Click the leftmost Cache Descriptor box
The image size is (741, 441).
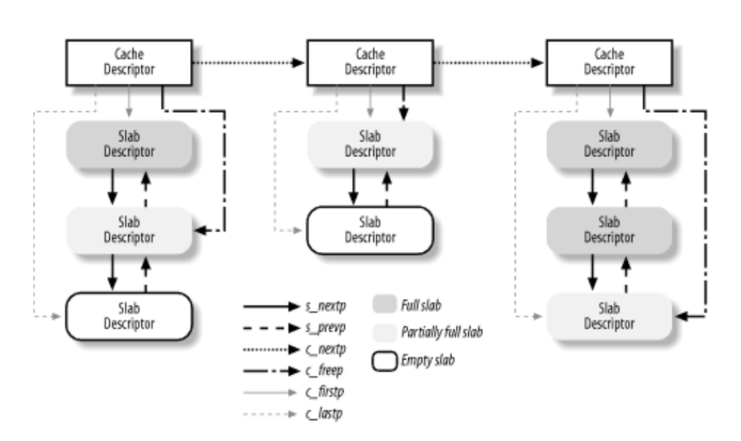tap(130, 63)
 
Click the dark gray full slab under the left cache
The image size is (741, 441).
tap(130, 146)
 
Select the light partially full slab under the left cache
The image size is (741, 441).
tap(130, 230)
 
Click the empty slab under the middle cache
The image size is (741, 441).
tap(372, 229)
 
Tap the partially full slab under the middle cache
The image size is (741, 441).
tap(372, 146)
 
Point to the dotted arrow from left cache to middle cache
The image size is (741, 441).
tap(245, 63)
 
